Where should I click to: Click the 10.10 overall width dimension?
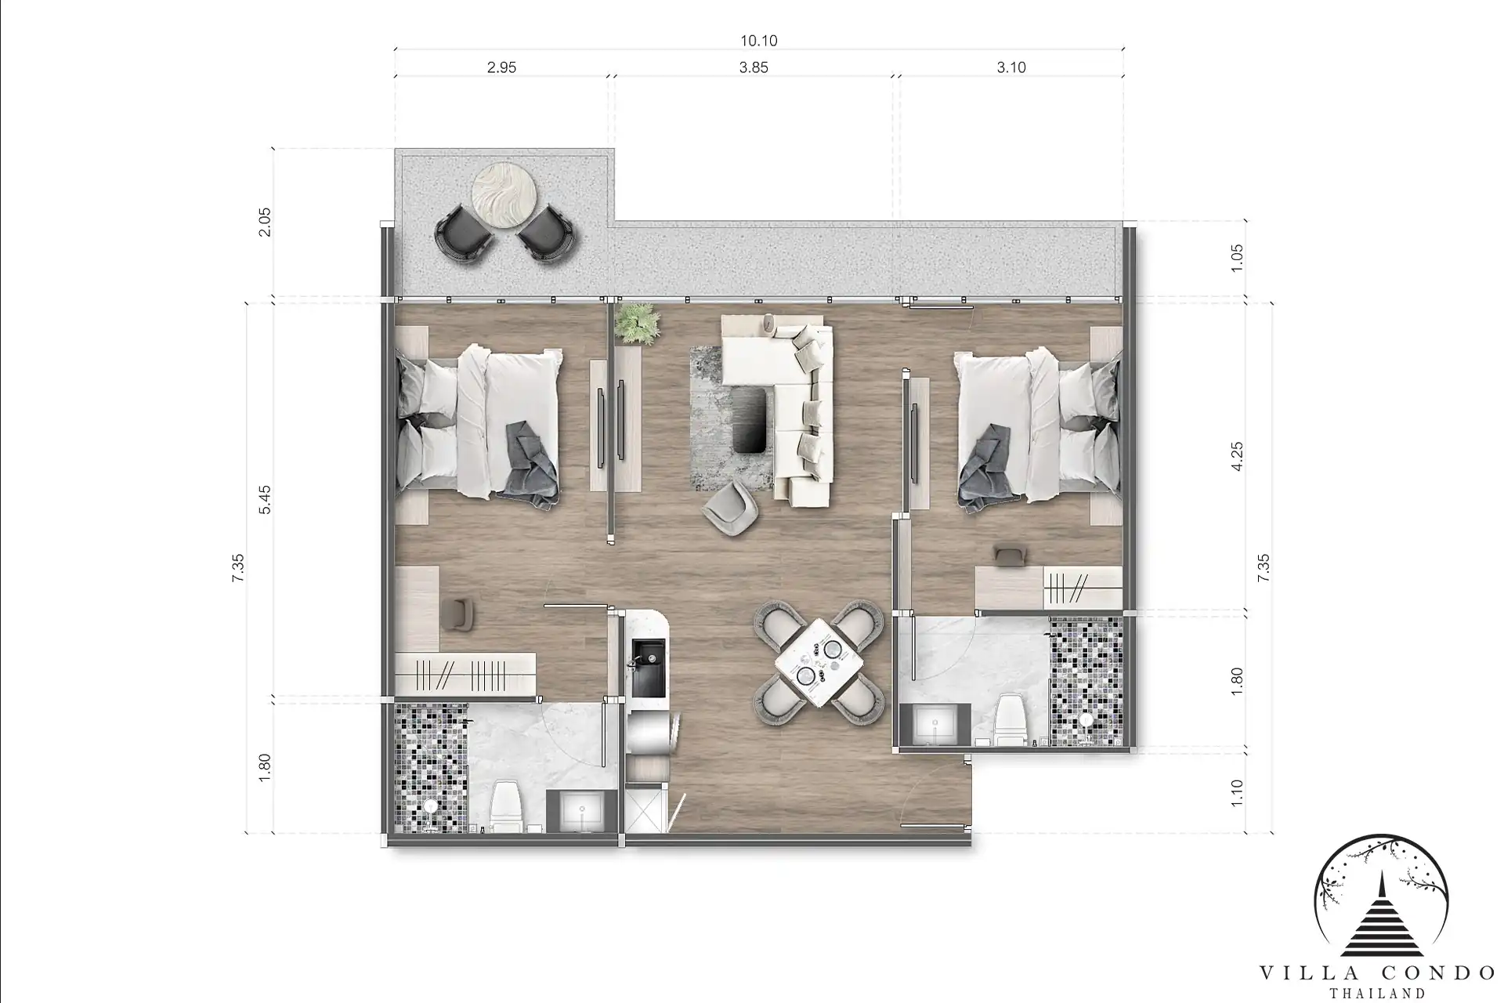(x=758, y=41)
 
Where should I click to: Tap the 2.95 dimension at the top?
(x=501, y=67)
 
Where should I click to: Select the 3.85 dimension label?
(x=754, y=67)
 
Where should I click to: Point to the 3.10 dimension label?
(x=1011, y=67)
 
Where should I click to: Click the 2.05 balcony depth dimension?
(x=265, y=223)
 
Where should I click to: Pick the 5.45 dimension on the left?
(x=265, y=499)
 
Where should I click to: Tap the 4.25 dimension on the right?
(x=1237, y=456)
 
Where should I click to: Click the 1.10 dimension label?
(x=1237, y=793)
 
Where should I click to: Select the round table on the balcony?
(x=504, y=195)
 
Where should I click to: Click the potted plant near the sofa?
(x=635, y=323)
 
